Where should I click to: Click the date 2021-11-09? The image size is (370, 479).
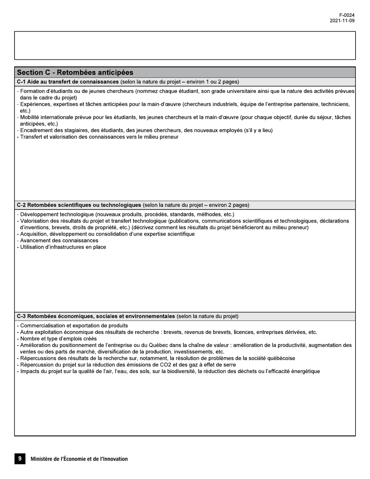342,21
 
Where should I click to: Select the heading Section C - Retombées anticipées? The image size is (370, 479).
75,72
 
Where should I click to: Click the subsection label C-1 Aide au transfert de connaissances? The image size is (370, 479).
68,82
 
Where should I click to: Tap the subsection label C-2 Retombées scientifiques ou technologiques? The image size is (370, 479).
79,205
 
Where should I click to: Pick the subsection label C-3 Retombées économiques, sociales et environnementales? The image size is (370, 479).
96,316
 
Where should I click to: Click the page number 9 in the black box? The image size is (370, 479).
20,458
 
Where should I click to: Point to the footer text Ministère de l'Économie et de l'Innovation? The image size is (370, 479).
79,459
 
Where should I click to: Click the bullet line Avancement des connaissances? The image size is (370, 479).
59,241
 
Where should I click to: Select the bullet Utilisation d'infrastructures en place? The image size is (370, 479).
63,247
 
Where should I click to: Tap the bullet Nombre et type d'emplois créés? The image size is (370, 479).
58,339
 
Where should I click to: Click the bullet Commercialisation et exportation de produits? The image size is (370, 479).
74,326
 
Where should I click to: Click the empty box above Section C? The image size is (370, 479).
185,45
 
